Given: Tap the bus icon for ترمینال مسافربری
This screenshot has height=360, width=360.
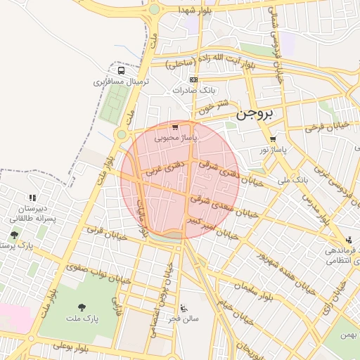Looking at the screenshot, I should (122, 71).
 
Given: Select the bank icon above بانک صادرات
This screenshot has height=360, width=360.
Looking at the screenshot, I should (193, 80).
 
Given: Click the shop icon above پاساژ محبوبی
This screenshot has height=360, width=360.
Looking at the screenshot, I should (175, 127).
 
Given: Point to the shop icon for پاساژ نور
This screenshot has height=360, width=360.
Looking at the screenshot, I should (272, 139).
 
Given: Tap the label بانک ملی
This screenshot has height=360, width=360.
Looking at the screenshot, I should (292, 181).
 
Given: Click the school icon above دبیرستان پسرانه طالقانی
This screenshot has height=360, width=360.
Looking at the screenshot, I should (32, 198).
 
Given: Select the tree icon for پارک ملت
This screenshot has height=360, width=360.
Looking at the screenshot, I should (82, 307).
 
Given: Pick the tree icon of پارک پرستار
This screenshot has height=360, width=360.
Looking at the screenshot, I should (14, 235).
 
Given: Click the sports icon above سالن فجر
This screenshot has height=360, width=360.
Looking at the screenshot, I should (184, 307).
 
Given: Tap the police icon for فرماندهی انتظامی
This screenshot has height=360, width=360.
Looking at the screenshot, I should (349, 240).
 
